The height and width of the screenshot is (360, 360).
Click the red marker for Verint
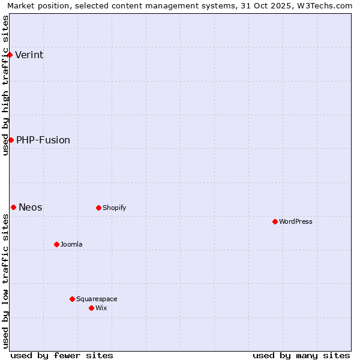coord(10,55)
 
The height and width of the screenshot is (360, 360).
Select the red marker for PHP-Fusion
coord(11,140)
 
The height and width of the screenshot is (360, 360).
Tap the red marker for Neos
coord(13,207)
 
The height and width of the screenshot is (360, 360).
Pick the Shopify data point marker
coord(98,208)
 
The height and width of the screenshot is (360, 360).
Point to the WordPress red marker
coord(275,221)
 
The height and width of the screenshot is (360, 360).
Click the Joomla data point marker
coord(56,244)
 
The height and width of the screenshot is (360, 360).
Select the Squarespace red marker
coord(72,299)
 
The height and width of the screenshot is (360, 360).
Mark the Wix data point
coord(91,308)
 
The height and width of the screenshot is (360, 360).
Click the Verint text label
coord(29,55)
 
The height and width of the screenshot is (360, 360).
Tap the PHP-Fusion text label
coord(43,140)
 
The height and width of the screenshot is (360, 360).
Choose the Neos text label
coord(30,207)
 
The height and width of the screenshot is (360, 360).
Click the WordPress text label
coord(295,221)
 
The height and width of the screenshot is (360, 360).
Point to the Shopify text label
coord(114,208)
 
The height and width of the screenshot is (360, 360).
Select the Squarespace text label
coord(97,299)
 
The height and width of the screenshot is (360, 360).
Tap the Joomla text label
coord(71,244)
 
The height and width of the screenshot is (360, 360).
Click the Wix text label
coord(101,308)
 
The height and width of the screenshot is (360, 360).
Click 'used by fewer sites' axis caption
coord(62,355)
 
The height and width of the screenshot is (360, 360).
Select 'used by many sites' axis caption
coord(301,355)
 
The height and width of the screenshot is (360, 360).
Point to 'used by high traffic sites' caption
coord(5,85)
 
